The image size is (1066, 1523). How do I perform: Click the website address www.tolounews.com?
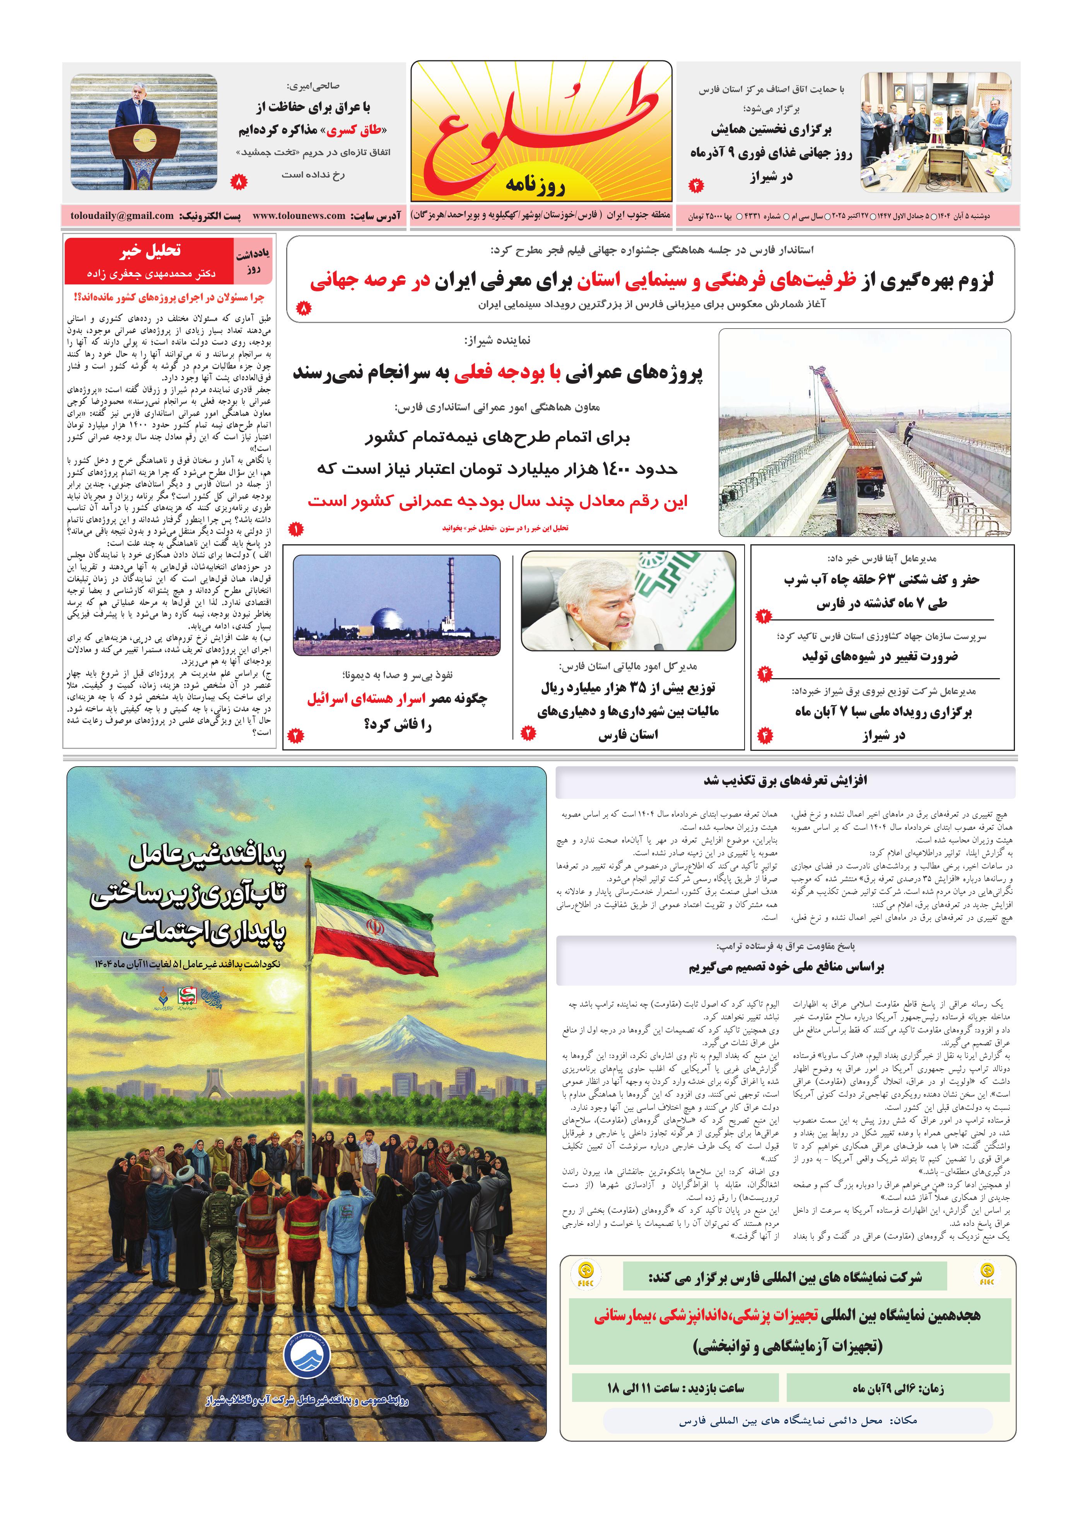[x=299, y=215]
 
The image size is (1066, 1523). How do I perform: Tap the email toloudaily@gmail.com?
[x=122, y=215]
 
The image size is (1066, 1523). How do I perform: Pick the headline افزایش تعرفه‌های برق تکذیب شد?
[x=786, y=781]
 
